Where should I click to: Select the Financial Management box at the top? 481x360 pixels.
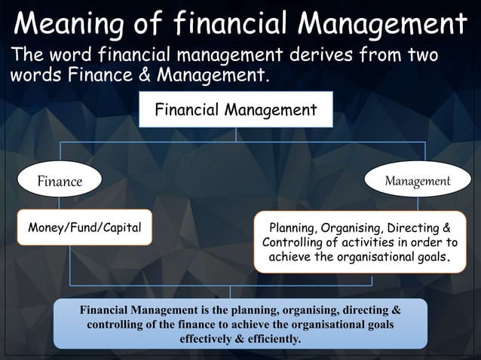235,111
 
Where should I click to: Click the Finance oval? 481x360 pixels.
60,181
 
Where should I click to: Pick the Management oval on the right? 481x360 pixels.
418,181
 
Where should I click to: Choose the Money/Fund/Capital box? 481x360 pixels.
84,227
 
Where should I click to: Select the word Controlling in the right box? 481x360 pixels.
296,243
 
